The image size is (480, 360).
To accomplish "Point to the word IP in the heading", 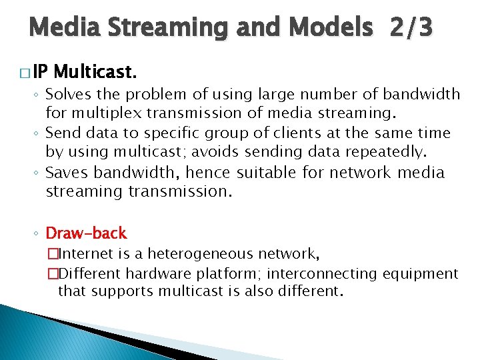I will pos(40,71).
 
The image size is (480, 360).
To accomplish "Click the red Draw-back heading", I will pos(85,233).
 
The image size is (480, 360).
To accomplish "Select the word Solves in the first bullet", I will pos(67,95).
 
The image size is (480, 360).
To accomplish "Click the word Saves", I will pos(67,173).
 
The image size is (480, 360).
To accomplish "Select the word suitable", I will pos(266,173).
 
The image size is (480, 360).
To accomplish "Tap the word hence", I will pos(207,173).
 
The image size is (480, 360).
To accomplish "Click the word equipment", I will pos(425,273).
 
